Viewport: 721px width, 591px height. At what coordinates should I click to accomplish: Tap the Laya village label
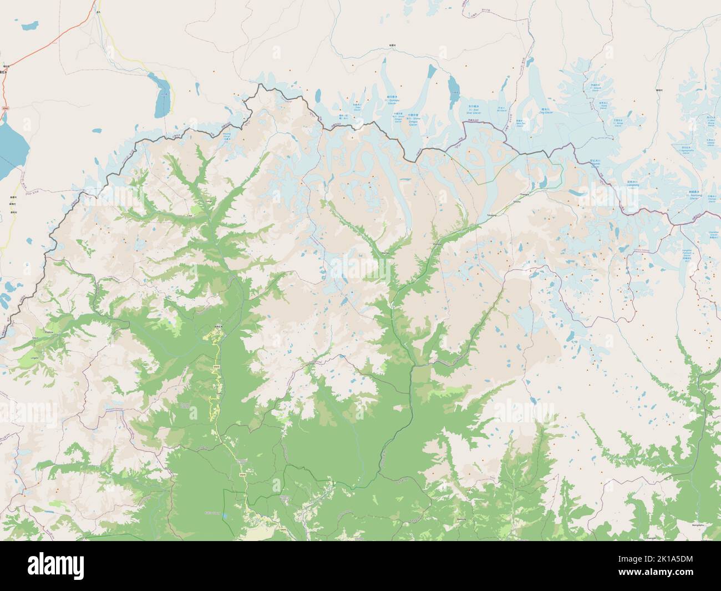click(x=190, y=214)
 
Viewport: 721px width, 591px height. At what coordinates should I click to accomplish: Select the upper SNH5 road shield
click(x=217, y=367)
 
